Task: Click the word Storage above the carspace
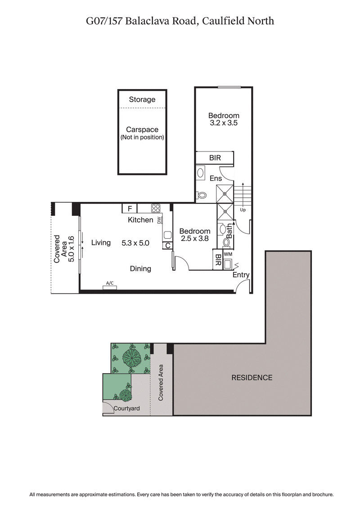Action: pos(142,99)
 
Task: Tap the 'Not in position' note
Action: pos(142,137)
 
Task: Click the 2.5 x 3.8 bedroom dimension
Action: pos(194,239)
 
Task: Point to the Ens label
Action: pos(216,179)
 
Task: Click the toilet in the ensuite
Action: pos(202,196)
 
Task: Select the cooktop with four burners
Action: pos(156,208)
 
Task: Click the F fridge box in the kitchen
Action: pos(130,209)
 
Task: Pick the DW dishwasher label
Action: pos(159,220)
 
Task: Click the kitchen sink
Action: pos(167,234)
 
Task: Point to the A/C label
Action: pos(109,283)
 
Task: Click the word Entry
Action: pos(241,275)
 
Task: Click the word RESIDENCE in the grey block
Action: pos(252,378)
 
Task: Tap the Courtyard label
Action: pos(126,409)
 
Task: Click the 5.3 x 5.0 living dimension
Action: pos(135,243)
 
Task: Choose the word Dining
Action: pos(140,268)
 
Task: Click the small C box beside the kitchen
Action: pos(167,246)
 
